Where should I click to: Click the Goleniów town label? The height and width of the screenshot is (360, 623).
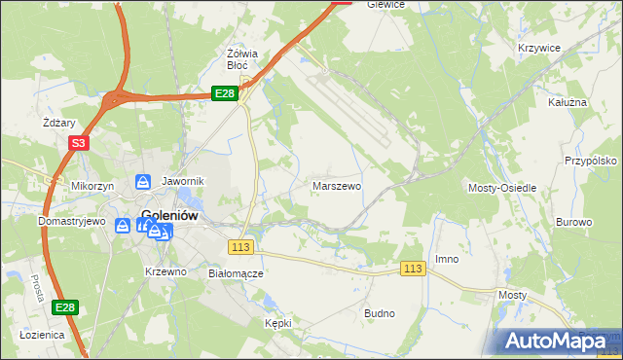170,217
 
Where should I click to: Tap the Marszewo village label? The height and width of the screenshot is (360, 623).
337,184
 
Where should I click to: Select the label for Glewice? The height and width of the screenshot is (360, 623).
385,5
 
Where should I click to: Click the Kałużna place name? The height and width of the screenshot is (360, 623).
568,101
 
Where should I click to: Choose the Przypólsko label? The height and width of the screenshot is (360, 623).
592,160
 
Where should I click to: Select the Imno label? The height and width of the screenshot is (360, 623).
447,259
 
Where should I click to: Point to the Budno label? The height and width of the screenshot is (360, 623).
380,313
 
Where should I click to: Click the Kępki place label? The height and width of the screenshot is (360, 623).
278,322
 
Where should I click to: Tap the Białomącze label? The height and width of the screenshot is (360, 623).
237,273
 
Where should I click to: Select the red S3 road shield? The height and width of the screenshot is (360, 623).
79,142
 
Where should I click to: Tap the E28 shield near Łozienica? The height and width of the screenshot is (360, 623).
63,307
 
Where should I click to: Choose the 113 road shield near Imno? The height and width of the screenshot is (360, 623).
413,269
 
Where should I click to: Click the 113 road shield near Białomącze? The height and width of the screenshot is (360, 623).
242,247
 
